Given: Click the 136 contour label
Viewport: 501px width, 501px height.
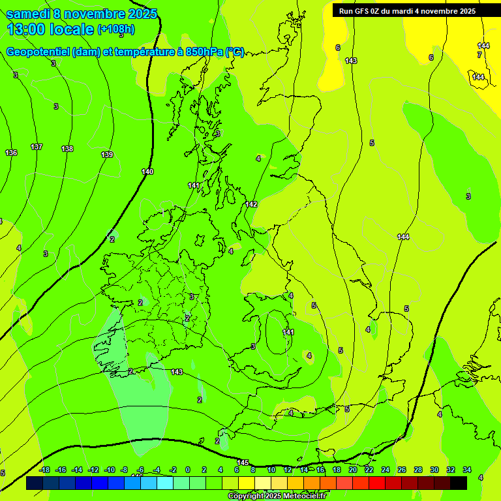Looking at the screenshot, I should pyautogui.click(x=11, y=153).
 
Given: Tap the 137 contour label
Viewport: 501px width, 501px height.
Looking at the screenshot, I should pyautogui.click(x=37, y=147).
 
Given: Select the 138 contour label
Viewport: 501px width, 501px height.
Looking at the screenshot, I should pyautogui.click(x=67, y=149).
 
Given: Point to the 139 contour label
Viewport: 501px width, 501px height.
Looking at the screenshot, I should pyautogui.click(x=107, y=155).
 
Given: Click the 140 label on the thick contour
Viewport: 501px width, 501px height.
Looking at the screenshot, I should pyautogui.click(x=147, y=172).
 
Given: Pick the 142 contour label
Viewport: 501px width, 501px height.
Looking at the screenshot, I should pyautogui.click(x=251, y=204).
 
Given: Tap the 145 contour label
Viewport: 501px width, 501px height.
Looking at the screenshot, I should pyautogui.click(x=243, y=463).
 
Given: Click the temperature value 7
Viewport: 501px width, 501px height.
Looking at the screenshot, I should pyautogui.click(x=479, y=55).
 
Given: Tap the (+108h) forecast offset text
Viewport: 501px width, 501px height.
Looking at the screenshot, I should pyautogui.click(x=116, y=29).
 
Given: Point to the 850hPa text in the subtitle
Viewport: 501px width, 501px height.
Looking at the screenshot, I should pyautogui.click(x=200, y=52).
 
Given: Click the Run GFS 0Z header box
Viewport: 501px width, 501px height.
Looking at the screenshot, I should pyautogui.click(x=407, y=11).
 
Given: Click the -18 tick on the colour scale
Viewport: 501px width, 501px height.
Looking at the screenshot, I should pyautogui.click(x=44, y=470).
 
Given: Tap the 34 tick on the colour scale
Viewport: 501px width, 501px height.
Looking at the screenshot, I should pyautogui.click(x=467, y=470).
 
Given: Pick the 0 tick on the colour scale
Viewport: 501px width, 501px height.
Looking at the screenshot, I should pyautogui.click(x=188, y=470).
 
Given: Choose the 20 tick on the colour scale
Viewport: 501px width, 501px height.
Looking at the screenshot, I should pyautogui.click(x=352, y=470).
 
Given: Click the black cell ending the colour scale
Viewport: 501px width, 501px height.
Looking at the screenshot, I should pyautogui.click(x=459, y=483).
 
